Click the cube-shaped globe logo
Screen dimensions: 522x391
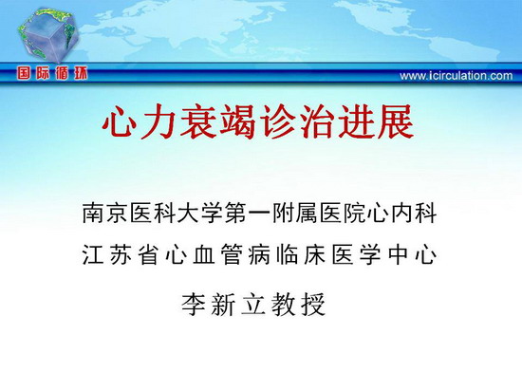coord(49,34)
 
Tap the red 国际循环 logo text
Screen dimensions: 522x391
coord(52,73)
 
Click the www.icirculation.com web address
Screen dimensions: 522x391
coord(457,76)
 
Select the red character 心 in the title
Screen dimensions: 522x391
coord(120,121)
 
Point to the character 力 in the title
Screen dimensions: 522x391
coord(158,121)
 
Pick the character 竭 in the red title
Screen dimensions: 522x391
coord(237,121)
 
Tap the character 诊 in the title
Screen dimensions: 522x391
coord(277,121)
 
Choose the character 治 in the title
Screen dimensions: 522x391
coord(317,121)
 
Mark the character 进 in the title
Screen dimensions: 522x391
coord(356,121)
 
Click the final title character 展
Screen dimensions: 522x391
coord(396,121)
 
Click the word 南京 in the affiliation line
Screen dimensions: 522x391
coord(104,213)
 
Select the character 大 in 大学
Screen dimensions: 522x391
coord(188,213)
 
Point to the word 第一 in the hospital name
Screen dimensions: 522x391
coord(248,213)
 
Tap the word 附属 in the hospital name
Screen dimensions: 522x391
coord(295,213)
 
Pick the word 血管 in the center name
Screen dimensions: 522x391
coord(217,254)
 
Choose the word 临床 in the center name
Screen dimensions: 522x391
coord(302,254)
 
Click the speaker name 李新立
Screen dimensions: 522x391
coord(223,304)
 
